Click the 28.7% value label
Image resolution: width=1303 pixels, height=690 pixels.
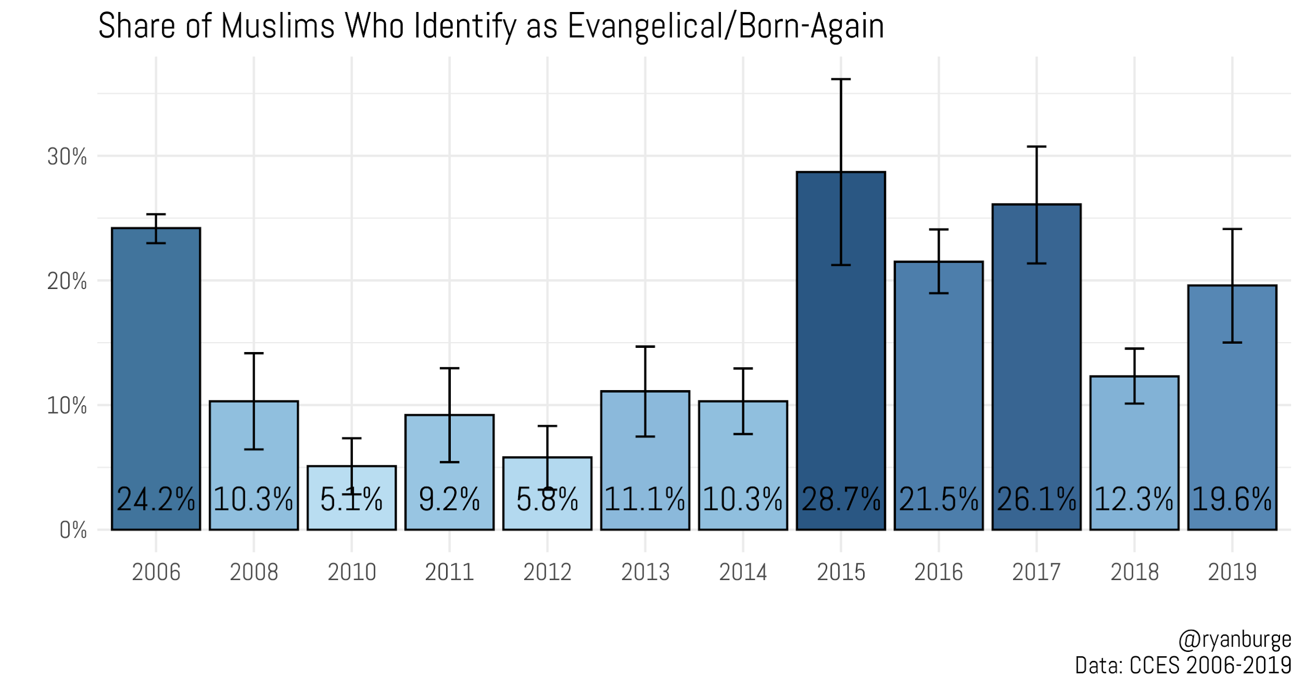(841, 499)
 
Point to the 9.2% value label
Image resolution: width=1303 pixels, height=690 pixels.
(449, 499)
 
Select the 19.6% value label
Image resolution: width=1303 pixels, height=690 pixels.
(1232, 499)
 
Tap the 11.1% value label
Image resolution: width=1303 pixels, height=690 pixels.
(645, 499)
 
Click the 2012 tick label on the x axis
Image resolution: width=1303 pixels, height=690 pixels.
(547, 573)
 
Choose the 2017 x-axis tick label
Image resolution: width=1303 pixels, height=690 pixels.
(1036, 573)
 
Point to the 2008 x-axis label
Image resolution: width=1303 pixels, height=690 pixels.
(254, 573)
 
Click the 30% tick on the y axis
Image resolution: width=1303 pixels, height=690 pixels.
(67, 156)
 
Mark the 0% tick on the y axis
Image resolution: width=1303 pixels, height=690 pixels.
(73, 530)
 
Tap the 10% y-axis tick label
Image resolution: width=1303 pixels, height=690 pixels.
(67, 406)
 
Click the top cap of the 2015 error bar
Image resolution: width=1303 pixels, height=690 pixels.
(841, 79)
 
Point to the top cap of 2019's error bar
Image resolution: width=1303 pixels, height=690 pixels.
(1232, 229)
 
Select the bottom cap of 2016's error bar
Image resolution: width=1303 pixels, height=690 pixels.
(939, 293)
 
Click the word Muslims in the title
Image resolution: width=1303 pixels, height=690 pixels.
(277, 26)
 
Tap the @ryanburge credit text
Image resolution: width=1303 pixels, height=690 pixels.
(1234, 639)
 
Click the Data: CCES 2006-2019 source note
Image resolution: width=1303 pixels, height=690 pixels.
(1183, 665)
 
